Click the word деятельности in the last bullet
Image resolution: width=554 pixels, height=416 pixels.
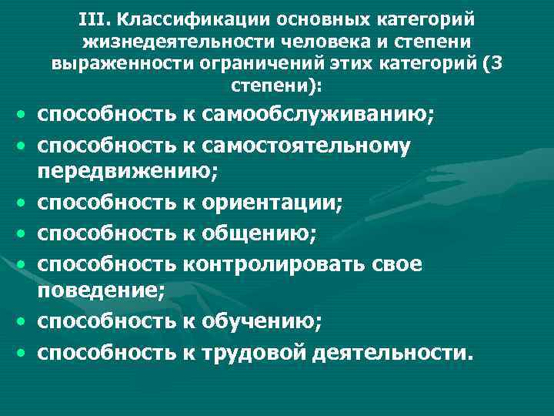[390, 352]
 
